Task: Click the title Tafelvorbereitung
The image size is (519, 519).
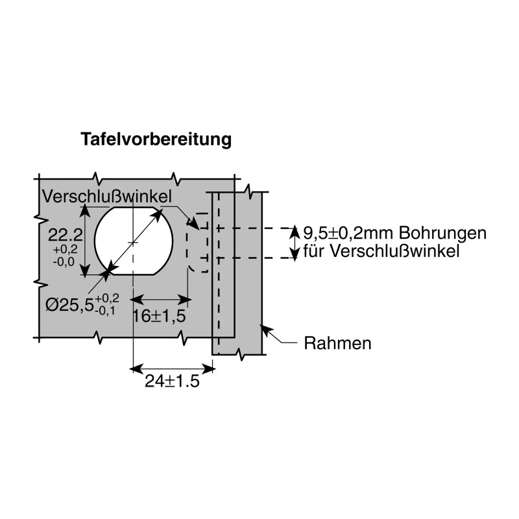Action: (156, 139)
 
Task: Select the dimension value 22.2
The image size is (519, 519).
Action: (66, 235)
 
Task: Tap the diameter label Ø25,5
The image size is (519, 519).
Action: (69, 305)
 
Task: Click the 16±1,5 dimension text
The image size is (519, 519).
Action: (159, 316)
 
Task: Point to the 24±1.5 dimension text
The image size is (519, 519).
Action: (172, 381)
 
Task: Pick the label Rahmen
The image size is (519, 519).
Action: (337, 343)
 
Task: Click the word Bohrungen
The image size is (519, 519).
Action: (442, 234)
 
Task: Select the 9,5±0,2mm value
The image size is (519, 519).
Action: (349, 234)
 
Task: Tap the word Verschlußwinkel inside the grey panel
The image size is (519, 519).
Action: (107, 197)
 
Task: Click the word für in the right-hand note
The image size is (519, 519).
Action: (315, 251)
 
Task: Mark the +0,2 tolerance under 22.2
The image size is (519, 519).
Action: (66, 249)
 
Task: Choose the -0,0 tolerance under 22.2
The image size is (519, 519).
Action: (64, 262)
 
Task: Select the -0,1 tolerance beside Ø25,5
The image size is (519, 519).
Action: (104, 311)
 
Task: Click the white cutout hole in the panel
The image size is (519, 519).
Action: (134, 241)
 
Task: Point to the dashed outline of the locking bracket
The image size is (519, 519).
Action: (187, 243)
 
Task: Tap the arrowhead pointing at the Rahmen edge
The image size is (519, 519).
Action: (267, 330)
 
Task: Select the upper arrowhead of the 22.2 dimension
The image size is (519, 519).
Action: (86, 211)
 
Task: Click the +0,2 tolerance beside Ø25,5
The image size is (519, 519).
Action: (107, 298)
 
